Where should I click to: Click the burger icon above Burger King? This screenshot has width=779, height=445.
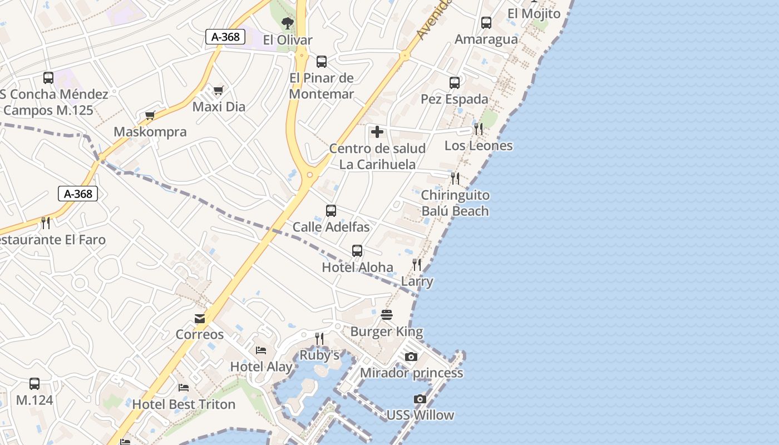[387, 315]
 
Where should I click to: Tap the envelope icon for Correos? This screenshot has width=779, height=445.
[200, 319]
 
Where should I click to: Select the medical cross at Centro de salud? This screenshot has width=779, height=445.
[377, 132]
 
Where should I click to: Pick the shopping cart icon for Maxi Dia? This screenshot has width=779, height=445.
[219, 90]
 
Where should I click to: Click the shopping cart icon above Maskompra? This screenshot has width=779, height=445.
[150, 116]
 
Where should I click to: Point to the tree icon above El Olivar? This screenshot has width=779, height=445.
[288, 23]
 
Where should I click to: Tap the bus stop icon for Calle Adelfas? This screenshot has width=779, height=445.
[331, 211]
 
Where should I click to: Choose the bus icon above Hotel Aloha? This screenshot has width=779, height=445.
[357, 251]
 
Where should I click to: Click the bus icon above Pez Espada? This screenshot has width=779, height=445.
[455, 83]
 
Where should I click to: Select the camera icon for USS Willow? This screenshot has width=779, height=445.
[420, 399]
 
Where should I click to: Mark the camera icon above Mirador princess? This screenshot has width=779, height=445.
[411, 357]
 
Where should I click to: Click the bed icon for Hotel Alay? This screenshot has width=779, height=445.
[261, 350]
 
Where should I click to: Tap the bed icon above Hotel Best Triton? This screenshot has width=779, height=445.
[184, 388]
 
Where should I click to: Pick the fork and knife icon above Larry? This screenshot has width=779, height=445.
[417, 265]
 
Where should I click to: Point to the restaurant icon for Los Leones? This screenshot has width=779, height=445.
[479, 129]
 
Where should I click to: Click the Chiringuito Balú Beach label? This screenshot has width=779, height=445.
[455, 203]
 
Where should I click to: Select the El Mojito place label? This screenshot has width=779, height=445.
[534, 13]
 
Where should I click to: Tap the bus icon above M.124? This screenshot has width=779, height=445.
[34, 384]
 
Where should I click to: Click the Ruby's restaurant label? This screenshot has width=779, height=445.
[319, 355]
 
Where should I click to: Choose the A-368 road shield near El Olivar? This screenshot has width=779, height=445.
[225, 37]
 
